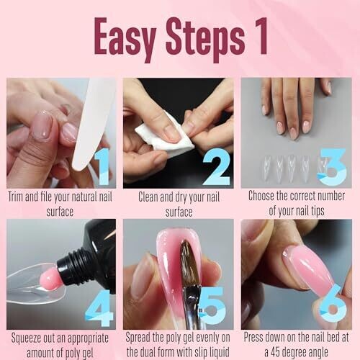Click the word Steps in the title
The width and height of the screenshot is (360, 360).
click(204, 39)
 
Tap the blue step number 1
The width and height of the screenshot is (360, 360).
click(102, 166)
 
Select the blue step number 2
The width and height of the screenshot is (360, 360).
click(217, 166)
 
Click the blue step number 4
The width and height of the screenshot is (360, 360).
click(99, 308)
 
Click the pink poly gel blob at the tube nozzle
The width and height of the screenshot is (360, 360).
click(50, 279)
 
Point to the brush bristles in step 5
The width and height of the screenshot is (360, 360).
click(189, 261)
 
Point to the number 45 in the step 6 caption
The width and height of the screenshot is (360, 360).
click(276, 353)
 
